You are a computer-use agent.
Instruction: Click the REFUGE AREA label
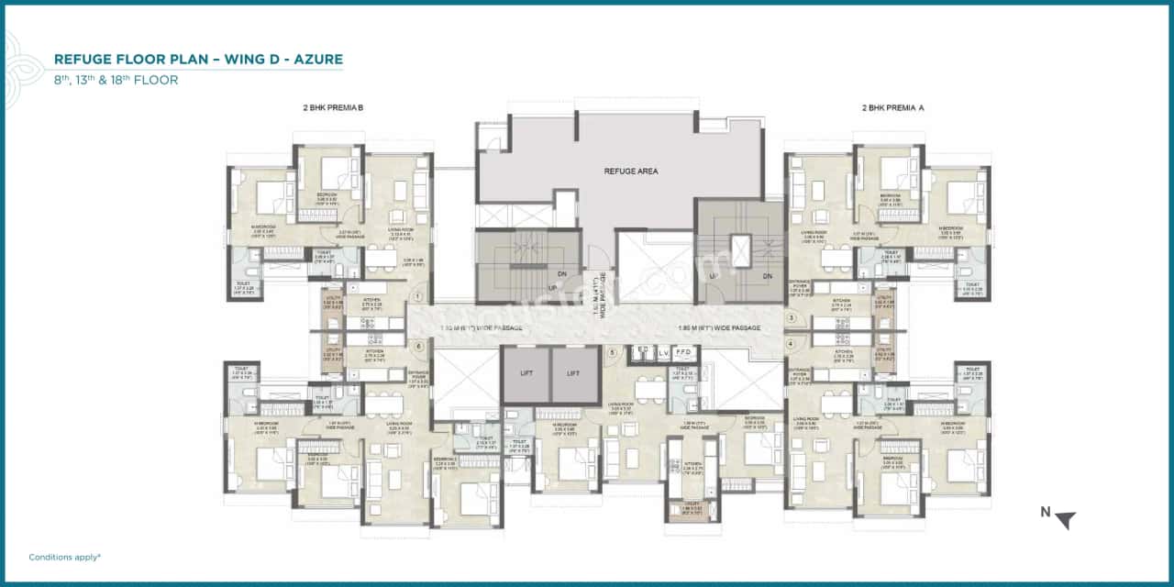(630, 172)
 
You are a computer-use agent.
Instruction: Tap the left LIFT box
(526, 374)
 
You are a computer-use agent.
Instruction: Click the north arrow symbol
(1064, 520)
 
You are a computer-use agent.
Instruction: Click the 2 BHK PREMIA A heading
(892, 108)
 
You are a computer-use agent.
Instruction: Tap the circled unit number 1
(418, 296)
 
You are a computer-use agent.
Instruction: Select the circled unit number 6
(418, 346)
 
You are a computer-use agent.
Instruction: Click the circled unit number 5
(612, 352)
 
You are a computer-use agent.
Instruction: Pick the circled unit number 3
(791, 318)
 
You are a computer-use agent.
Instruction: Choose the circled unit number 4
(791, 344)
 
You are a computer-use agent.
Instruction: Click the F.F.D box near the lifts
(684, 353)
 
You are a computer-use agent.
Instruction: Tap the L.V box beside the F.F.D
(662, 353)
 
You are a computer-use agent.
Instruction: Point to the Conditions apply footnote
(64, 557)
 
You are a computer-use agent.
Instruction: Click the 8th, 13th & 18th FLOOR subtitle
(116, 80)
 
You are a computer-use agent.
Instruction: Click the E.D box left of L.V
(640, 353)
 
